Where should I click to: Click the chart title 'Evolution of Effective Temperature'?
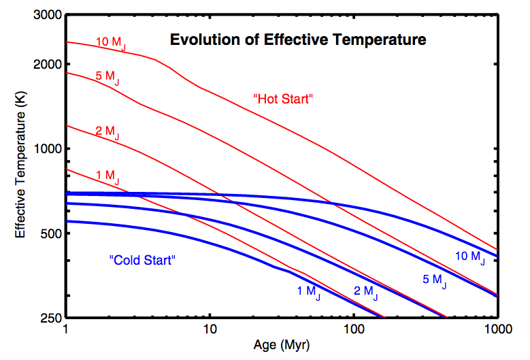[298, 40]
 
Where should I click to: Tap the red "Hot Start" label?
[282, 99]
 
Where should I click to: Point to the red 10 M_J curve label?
[110, 42]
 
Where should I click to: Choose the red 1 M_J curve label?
[107, 177]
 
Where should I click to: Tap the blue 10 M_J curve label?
[470, 257]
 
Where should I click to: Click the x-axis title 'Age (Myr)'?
[282, 346]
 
